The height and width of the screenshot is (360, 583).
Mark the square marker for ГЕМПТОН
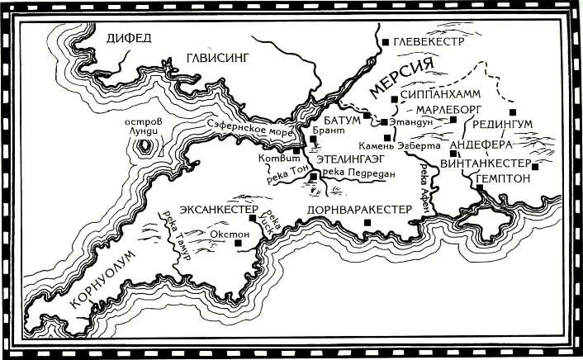coord(479,188)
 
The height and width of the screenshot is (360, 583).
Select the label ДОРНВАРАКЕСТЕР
coord(358,210)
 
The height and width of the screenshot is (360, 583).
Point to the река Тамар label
coord(177,235)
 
